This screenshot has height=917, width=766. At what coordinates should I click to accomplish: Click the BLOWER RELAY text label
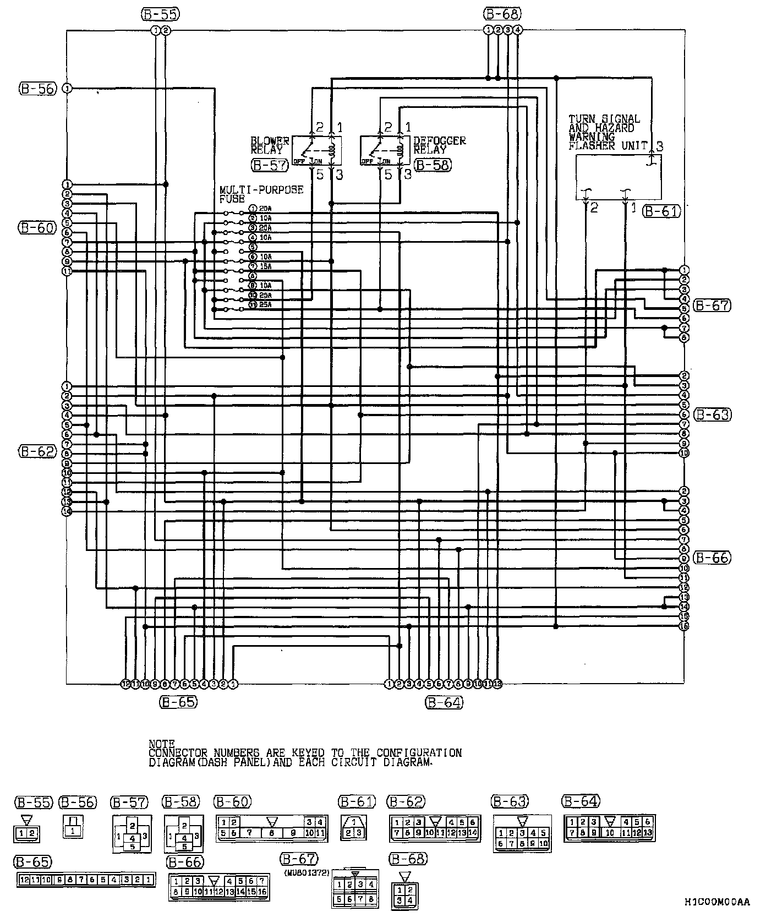(269, 145)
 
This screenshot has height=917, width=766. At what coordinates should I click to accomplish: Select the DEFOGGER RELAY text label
(439, 145)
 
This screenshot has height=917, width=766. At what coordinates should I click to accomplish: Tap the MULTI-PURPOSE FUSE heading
(261, 194)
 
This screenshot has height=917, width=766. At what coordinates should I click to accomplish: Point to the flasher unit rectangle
(619, 177)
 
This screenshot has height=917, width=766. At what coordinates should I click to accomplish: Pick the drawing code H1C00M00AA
(716, 902)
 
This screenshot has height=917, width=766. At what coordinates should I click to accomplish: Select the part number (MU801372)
(307, 873)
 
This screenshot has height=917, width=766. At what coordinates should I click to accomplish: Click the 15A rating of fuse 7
(266, 266)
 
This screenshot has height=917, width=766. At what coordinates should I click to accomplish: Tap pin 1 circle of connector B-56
(67, 88)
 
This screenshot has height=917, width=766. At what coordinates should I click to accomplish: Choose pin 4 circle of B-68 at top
(518, 30)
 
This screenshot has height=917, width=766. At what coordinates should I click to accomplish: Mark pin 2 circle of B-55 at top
(166, 30)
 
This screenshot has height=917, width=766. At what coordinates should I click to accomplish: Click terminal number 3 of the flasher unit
(659, 146)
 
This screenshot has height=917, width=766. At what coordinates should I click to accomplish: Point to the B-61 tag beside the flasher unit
(662, 211)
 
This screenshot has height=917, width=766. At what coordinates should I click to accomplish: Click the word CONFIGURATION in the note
(419, 753)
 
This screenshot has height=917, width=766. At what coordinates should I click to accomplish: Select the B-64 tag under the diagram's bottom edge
(444, 702)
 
